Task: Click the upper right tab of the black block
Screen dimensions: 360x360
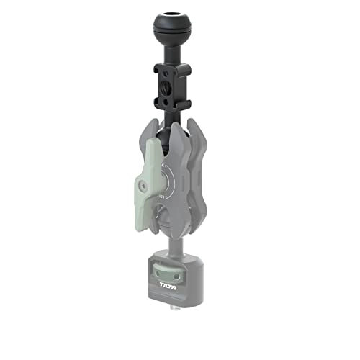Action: coord(186,71)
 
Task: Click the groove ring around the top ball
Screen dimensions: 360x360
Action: coord(172,40)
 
